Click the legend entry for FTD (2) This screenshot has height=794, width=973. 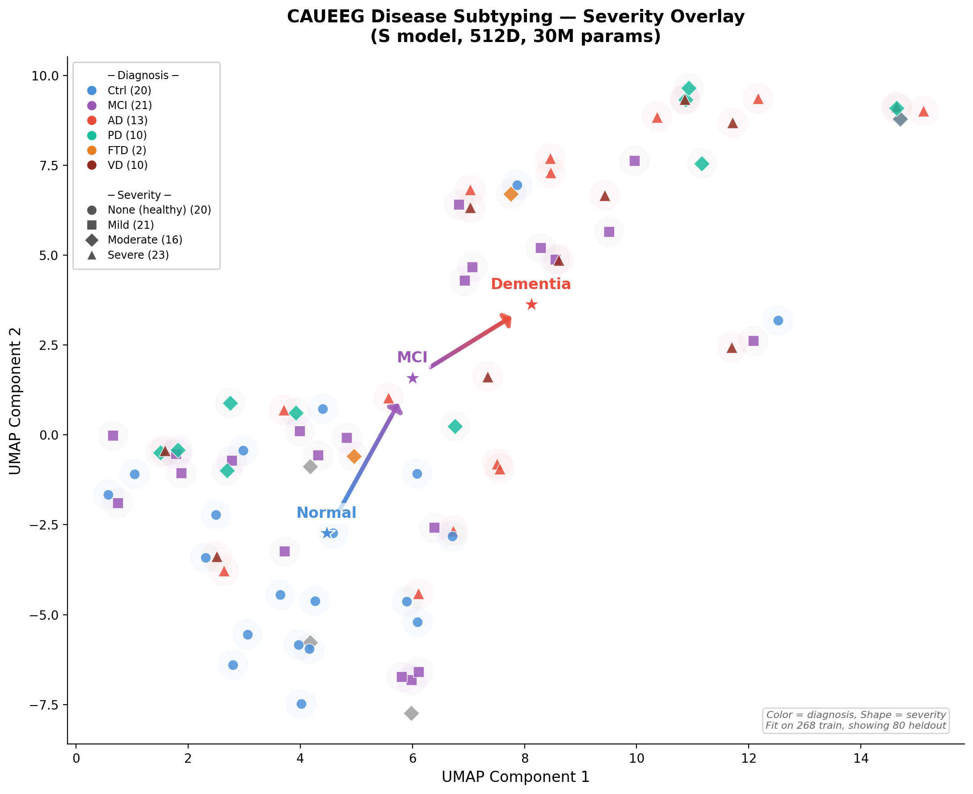pyautogui.click(x=127, y=150)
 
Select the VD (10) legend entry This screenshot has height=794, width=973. pyautogui.click(x=127, y=165)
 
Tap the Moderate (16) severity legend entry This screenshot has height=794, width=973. pyautogui.click(x=144, y=239)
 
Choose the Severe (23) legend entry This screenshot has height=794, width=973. pyautogui.click(x=138, y=255)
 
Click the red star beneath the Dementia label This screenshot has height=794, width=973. pyautogui.click(x=531, y=305)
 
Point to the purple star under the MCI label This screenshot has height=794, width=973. pyautogui.click(x=413, y=378)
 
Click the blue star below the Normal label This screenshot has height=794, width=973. pyautogui.click(x=327, y=534)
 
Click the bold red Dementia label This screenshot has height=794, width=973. pyautogui.click(x=531, y=284)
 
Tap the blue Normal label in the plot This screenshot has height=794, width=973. pyautogui.click(x=326, y=513)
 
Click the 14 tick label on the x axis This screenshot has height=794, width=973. pyautogui.click(x=860, y=758)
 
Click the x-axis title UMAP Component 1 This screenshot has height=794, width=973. pyautogui.click(x=515, y=777)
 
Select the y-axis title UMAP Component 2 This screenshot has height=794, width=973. pyautogui.click(x=15, y=401)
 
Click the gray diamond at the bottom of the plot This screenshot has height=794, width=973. pyautogui.click(x=411, y=713)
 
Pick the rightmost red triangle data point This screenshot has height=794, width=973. pyautogui.click(x=923, y=111)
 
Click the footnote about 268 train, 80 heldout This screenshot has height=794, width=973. pyautogui.click(x=855, y=726)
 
